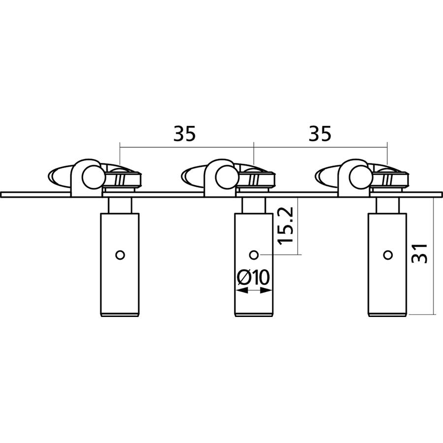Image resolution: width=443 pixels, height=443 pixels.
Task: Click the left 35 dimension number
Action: click(184, 133)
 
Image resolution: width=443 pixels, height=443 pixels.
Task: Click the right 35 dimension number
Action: click(319, 133)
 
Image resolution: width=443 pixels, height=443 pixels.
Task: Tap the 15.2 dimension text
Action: click(285, 226)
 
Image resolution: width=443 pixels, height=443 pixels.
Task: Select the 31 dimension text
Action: click(419, 253)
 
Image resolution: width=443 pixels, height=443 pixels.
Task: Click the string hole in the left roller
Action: click(121, 255)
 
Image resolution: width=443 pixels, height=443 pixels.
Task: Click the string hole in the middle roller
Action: click(254, 255)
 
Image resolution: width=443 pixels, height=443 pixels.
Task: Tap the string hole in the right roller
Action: click(388, 255)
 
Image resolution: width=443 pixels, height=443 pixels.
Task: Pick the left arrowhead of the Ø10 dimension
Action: click(242, 290)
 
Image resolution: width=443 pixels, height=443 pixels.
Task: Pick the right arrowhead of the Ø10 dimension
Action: click(266, 290)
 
